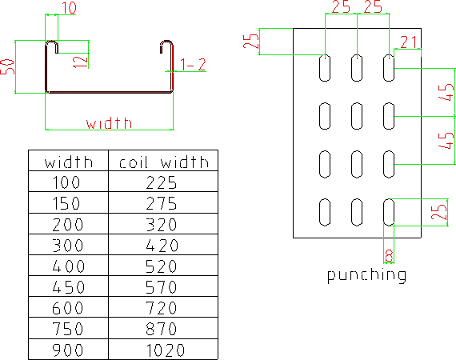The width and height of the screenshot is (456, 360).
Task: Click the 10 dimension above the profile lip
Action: (x=70, y=8)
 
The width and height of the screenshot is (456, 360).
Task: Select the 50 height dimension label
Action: (x=7, y=67)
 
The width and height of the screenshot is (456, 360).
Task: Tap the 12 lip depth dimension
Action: (x=80, y=62)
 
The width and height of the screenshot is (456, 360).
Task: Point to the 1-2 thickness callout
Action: (x=193, y=65)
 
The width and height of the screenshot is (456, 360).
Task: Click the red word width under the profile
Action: (x=109, y=123)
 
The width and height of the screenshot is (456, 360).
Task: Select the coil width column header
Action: (x=164, y=162)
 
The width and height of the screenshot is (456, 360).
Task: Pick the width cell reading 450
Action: (x=68, y=287)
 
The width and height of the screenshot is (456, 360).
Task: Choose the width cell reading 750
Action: (x=68, y=329)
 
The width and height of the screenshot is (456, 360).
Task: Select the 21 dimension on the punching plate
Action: (x=408, y=42)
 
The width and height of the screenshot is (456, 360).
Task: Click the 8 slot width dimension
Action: (x=389, y=256)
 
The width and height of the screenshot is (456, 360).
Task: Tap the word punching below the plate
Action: (x=366, y=275)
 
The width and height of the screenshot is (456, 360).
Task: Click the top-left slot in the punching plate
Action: (x=325, y=68)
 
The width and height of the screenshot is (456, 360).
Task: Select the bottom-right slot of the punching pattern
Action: (x=389, y=212)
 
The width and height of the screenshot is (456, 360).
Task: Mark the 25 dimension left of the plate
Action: (x=250, y=41)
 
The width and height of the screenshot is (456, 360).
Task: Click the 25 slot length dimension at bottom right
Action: (x=439, y=212)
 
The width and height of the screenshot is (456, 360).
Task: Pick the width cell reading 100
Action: (x=66, y=182)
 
